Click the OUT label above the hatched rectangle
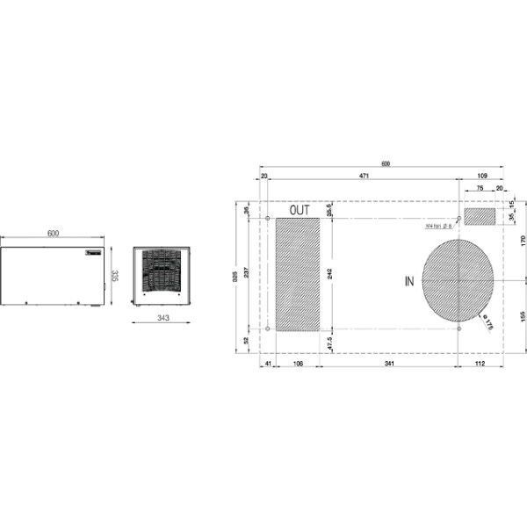pos(300,210)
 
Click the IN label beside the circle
pos(408,281)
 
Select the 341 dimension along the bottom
pos(389,363)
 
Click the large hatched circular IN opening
pos(457,280)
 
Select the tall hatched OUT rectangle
pos(299,274)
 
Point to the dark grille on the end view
pos(161,268)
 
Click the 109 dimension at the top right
pos(481,177)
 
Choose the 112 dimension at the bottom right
pos(480,363)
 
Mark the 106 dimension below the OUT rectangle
pos(298,363)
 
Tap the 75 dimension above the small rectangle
pos(480,188)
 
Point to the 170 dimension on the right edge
pos(522,238)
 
